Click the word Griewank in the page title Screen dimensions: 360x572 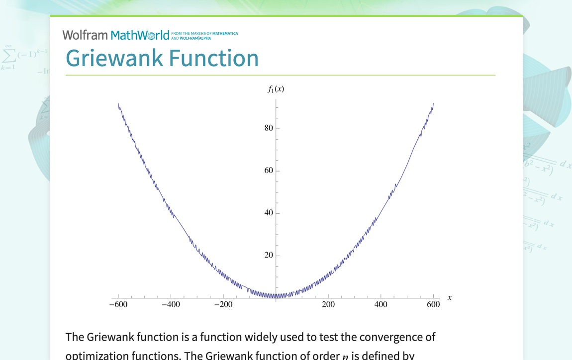coord(114,58)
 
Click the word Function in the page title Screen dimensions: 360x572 coord(213,58)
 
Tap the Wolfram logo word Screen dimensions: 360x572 coord(85,35)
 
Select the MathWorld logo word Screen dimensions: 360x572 coord(140,35)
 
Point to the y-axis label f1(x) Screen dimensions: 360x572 coord(276,89)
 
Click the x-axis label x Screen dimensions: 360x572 coord(450,298)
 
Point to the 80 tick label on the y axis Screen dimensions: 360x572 coord(269,128)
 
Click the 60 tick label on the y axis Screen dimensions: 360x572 coord(269,171)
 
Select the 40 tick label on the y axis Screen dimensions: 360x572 coord(269,213)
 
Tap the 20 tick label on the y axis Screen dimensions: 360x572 coord(269,255)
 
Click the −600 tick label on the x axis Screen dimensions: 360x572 coord(118,305)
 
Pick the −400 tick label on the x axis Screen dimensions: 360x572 coord(171,305)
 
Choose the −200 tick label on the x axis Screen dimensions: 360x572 coord(223,305)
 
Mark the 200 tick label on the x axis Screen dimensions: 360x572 coord(328,305)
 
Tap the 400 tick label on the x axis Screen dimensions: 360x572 coord(381,305)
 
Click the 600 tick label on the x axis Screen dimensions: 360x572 coord(433,305)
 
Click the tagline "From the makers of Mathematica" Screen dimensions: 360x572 coord(204,34)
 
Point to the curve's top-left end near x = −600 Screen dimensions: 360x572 coord(118,103)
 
